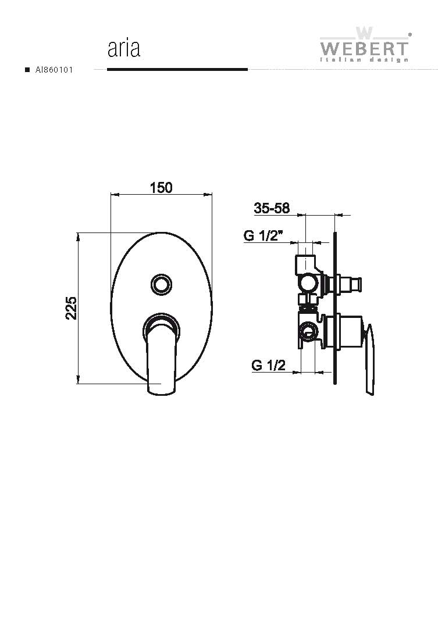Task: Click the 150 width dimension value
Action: click(x=161, y=188)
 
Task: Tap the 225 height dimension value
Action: click(x=72, y=307)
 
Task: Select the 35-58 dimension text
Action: click(x=272, y=207)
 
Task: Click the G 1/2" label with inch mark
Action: click(x=264, y=235)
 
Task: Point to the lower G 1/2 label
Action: click(x=268, y=365)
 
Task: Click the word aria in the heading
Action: click(x=124, y=48)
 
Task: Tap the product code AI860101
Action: click(x=54, y=70)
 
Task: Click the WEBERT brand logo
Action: click(x=364, y=44)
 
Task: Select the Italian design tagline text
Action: click(x=364, y=60)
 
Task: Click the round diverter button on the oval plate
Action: click(x=161, y=284)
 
